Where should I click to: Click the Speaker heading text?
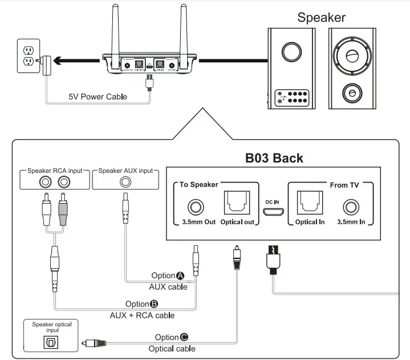[321, 17]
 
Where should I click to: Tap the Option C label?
[171, 337]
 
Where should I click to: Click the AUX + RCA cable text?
[142, 315]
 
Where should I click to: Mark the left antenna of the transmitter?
[116, 29]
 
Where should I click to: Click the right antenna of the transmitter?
[184, 29]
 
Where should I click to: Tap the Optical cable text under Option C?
[172, 348]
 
